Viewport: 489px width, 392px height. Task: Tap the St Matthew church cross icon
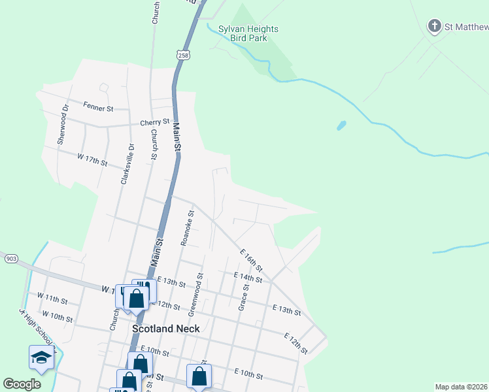[434, 26]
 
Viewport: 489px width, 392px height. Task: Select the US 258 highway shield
[184, 55]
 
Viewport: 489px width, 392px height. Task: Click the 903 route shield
[10, 259]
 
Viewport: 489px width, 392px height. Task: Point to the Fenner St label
[98, 106]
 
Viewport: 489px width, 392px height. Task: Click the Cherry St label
[155, 122]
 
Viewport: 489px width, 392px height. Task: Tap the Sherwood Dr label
[61, 125]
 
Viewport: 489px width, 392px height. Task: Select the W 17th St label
[92, 159]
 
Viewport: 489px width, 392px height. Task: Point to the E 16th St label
[251, 259]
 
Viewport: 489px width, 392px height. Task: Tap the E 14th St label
[248, 278]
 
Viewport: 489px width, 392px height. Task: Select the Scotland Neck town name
[166, 329]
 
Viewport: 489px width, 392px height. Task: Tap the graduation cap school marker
[41, 357]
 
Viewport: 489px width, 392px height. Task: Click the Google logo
[22, 384]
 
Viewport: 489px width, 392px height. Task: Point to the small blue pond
[341, 125]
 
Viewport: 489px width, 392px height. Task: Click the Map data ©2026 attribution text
[462, 387]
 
